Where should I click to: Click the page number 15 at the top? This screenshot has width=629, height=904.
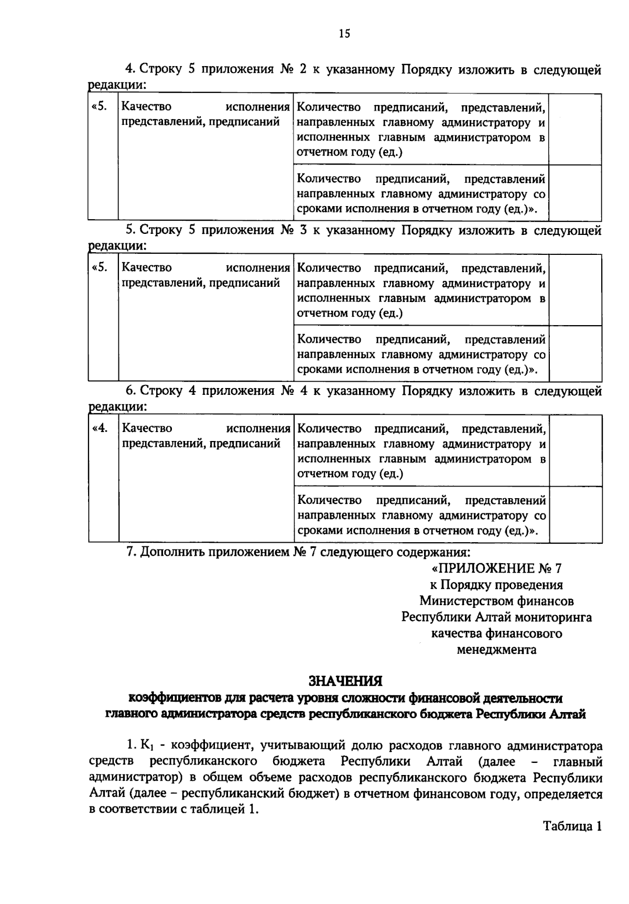[344, 34]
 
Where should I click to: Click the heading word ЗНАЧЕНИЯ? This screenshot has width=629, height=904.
[345, 681]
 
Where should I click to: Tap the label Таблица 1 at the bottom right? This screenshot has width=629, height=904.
[572, 826]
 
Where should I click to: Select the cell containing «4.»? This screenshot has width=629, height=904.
[101, 428]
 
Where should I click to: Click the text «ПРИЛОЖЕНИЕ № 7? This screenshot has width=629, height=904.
[496, 568]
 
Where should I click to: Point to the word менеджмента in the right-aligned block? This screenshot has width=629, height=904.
[496, 650]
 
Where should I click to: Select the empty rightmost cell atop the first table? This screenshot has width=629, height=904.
[574, 129]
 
